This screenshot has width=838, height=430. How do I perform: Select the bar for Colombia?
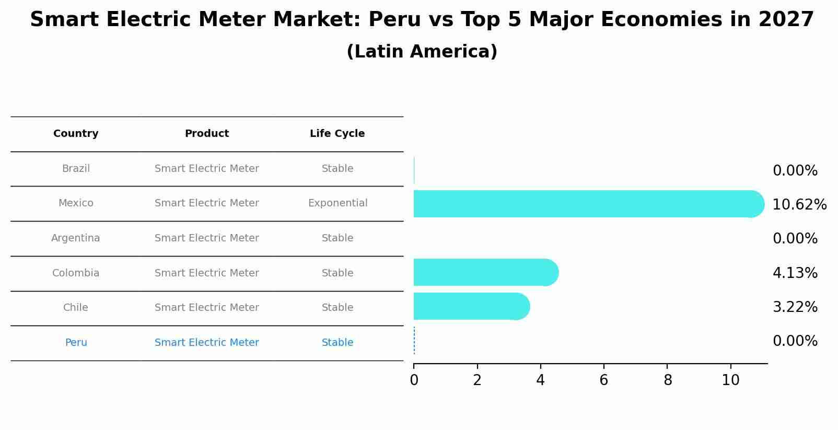483,272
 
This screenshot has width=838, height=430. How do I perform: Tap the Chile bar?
469,306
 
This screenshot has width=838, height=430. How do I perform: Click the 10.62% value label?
799,205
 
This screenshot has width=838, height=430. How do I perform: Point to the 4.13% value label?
795,273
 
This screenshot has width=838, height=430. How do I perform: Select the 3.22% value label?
795,307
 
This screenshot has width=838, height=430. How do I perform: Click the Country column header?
76,134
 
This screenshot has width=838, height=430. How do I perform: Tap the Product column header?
207,134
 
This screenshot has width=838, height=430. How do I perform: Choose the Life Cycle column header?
337,134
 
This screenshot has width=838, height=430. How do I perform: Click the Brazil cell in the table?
76,169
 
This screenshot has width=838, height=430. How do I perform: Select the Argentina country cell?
76,238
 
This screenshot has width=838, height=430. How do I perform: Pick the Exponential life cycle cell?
337,203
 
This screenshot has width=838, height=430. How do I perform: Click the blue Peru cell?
76,343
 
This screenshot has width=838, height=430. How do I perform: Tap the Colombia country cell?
76,273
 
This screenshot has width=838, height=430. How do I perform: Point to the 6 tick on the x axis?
604,380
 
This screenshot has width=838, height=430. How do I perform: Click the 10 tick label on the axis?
730,380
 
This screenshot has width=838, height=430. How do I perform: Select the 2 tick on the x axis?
477,380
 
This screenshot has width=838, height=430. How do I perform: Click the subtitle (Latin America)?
422,52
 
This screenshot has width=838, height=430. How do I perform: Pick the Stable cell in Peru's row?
337,343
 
